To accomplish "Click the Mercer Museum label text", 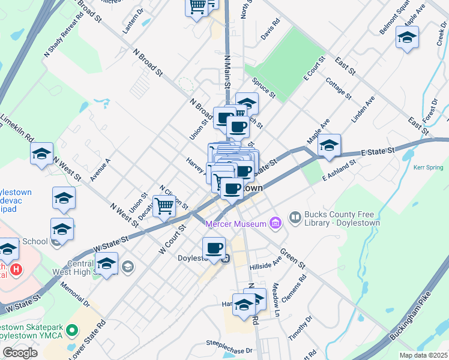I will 236,224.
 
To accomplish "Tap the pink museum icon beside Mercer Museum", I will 275,224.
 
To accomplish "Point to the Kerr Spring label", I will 427,167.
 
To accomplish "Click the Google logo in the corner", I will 20,353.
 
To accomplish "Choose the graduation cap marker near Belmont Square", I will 407,38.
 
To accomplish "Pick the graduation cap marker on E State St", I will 329,145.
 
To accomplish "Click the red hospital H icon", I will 16,269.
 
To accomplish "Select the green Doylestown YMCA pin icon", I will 72,330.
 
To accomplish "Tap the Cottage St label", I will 338,88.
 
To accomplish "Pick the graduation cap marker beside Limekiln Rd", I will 41,154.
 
